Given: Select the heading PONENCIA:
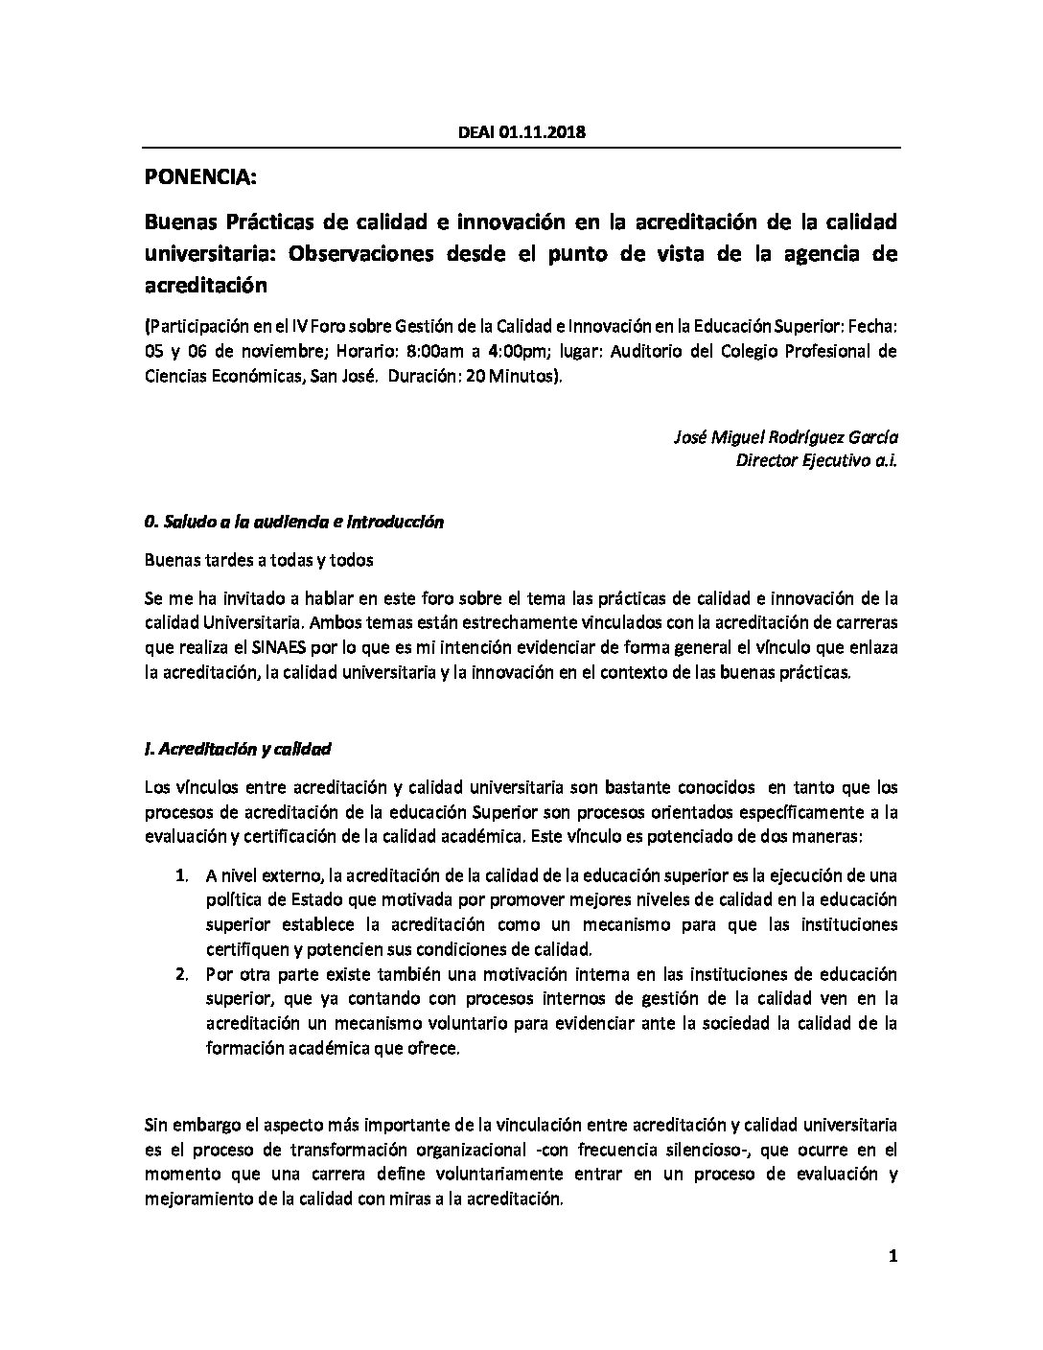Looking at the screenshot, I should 200,177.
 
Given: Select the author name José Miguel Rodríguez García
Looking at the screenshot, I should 787,437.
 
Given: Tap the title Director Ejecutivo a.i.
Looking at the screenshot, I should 817,460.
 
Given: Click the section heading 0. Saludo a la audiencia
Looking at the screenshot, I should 293,523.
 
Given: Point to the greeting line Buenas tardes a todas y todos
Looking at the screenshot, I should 259,560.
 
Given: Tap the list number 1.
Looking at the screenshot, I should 181,875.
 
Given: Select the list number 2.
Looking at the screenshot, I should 181,975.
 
